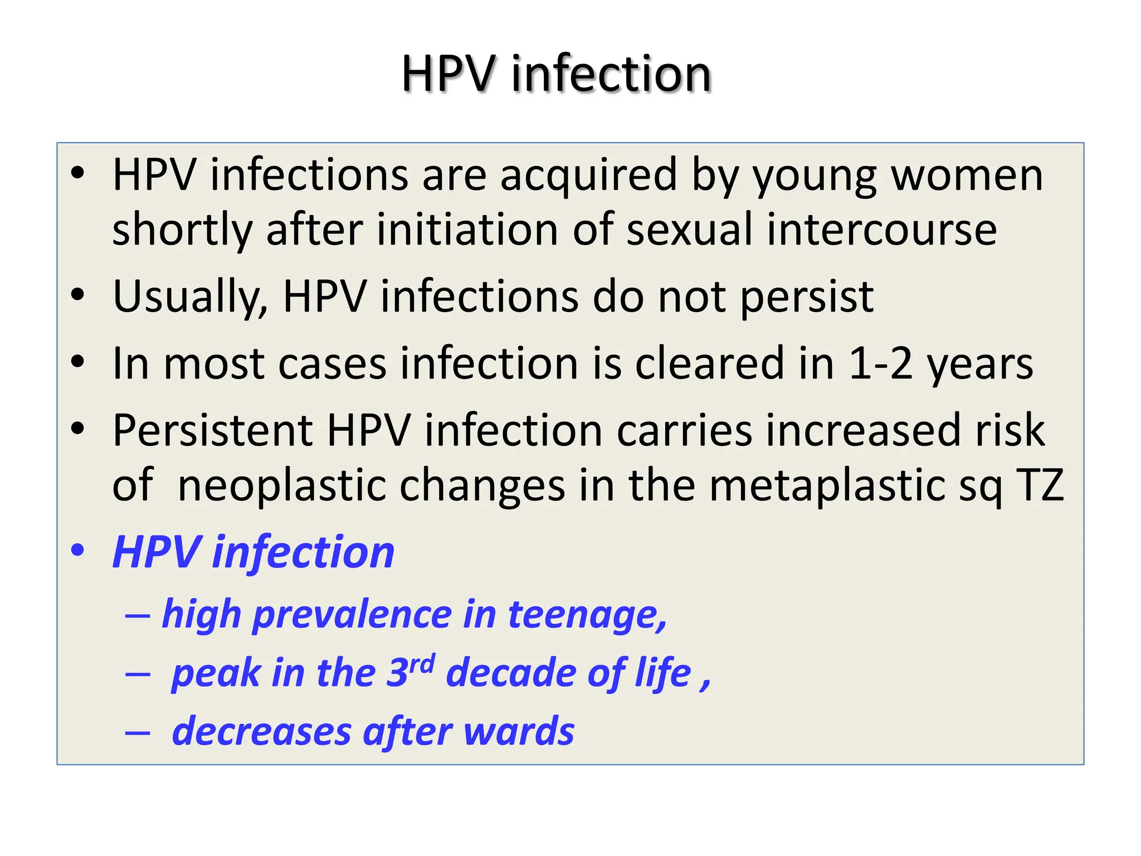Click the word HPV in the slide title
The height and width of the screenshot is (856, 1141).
coord(449,74)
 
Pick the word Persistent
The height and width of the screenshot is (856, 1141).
coord(213,430)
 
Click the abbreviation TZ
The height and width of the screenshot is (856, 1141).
coord(1040,485)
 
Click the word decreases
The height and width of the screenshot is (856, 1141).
coord(261,731)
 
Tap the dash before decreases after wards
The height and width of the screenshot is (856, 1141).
coord(138,733)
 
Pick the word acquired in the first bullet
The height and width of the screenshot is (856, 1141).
coord(588,175)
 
